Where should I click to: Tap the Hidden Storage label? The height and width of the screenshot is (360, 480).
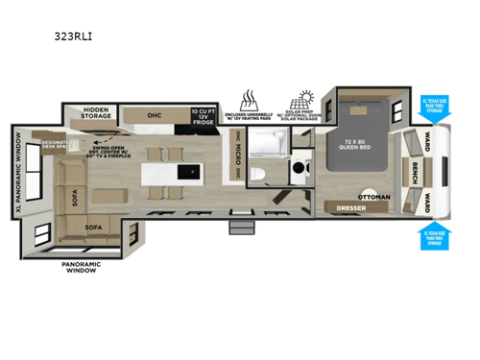pos(99,113)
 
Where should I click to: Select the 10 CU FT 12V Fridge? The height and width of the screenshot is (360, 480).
pos(203,117)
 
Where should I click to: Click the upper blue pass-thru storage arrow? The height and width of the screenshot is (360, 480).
pos(435,109)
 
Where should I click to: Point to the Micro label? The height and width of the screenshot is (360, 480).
pos(233,158)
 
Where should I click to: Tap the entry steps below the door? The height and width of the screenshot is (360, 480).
pos(240,228)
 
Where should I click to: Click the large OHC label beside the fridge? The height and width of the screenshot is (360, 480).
pos(155,113)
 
